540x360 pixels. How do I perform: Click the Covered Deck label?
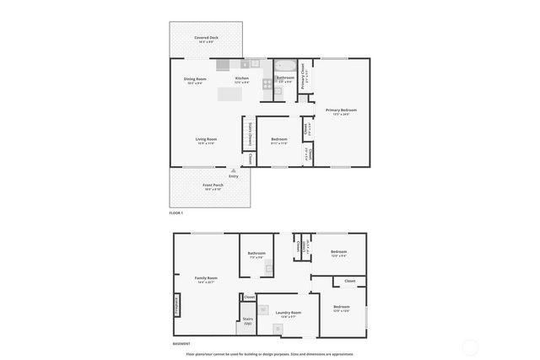point(205,39)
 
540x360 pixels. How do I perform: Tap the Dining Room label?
point(194,80)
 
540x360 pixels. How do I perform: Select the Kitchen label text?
point(242,80)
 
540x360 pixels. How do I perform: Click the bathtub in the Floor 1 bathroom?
point(285,66)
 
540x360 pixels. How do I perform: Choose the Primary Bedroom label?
point(342,111)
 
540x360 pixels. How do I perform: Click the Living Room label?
point(207,141)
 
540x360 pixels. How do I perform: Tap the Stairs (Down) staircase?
point(250,133)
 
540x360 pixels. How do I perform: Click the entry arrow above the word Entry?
point(234,169)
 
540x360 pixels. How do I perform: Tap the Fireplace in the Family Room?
point(176,304)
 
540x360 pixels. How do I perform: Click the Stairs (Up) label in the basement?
point(248,320)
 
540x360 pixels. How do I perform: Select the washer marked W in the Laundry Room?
point(263,310)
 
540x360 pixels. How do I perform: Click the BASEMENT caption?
point(181,344)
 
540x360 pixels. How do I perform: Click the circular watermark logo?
point(470,347)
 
